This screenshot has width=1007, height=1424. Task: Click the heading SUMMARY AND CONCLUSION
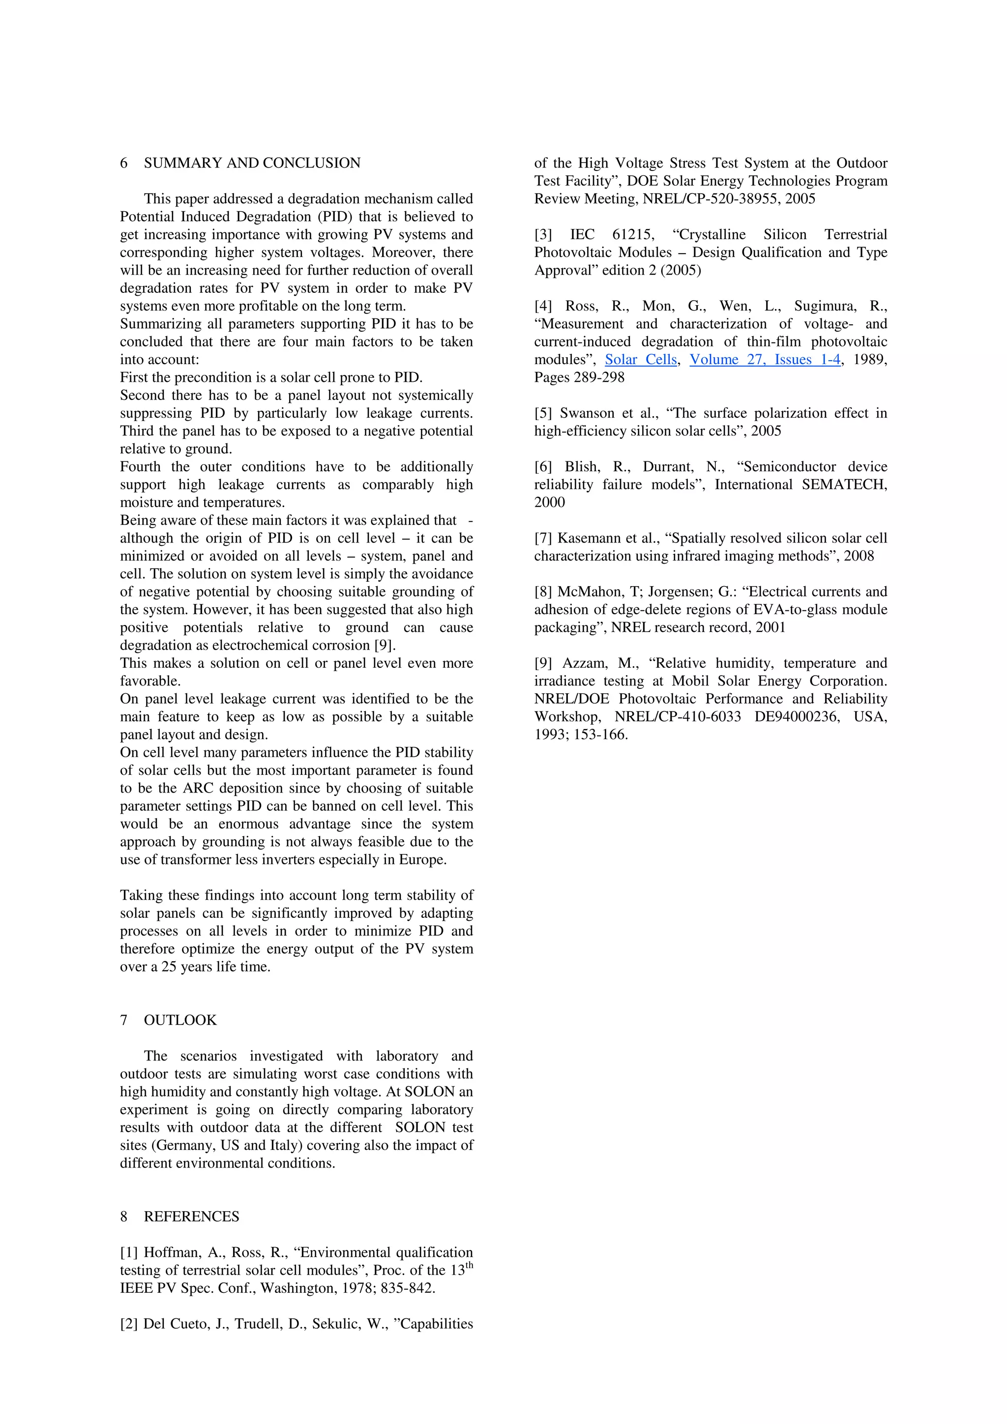(252, 163)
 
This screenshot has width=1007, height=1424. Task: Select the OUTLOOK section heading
(180, 1020)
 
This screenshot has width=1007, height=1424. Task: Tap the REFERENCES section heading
(191, 1216)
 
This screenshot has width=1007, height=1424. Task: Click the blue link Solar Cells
(640, 360)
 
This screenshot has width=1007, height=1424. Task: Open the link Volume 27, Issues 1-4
(765, 360)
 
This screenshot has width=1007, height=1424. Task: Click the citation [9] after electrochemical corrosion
(384, 645)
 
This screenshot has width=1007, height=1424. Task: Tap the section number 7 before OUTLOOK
(123, 1020)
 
